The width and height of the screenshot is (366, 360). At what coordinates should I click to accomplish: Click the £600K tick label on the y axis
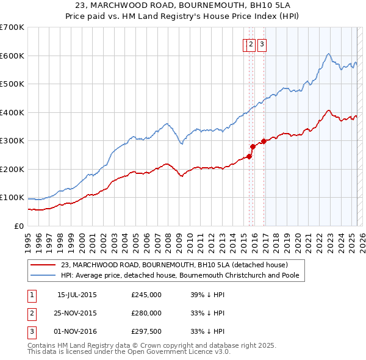click(12, 56)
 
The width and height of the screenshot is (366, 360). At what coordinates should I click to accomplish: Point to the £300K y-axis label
click(12, 140)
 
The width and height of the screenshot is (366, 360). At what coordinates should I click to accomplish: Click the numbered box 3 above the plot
click(262, 44)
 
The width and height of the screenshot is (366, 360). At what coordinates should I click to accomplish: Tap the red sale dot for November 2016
click(264, 141)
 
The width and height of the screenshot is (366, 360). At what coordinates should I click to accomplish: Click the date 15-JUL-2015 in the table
click(77, 295)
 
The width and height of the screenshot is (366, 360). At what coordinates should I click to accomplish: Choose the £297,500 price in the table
click(146, 331)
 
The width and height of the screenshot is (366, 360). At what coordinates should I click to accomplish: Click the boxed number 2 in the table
click(30, 313)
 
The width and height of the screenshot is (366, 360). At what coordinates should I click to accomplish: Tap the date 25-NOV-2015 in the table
click(77, 313)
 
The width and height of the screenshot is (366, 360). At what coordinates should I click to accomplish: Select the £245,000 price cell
click(146, 295)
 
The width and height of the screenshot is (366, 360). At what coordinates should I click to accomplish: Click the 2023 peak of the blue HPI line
click(328, 54)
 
